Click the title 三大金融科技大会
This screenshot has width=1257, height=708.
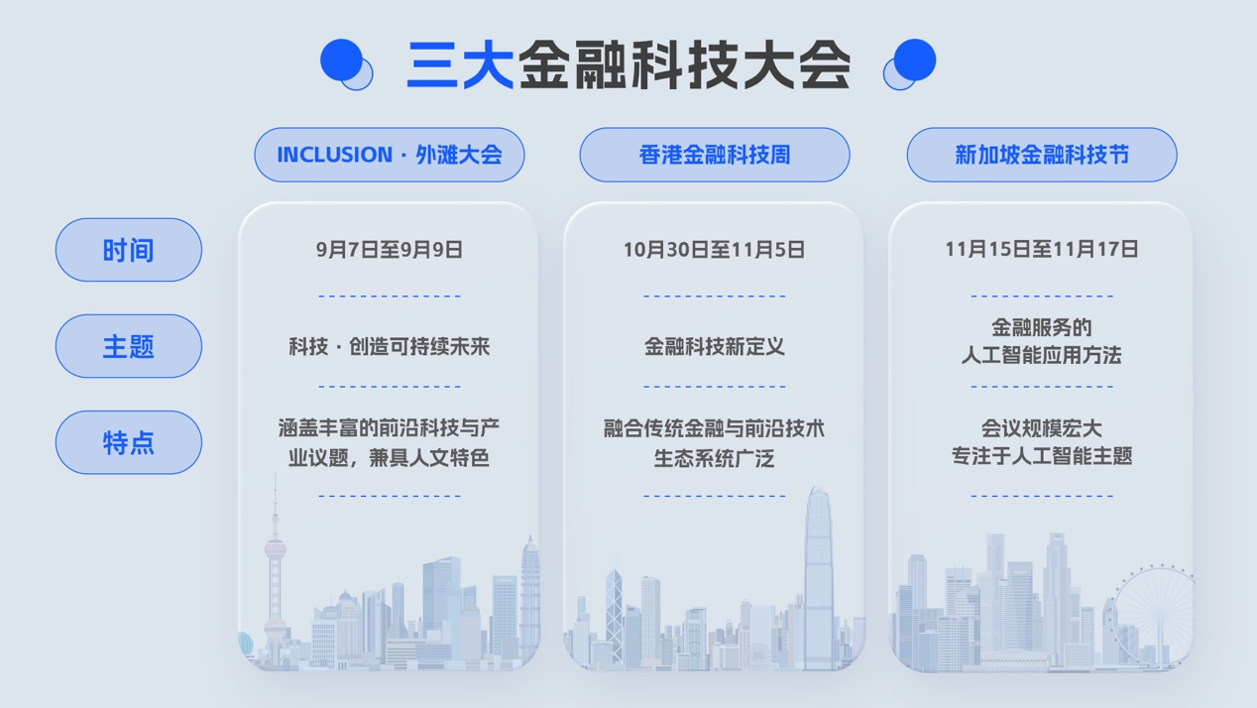[x=628, y=65]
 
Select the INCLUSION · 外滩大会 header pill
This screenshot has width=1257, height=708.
[x=390, y=155]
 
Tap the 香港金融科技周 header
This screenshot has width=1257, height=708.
[x=715, y=155]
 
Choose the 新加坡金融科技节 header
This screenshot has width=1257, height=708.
[x=1042, y=155]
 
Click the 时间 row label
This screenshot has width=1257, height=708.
[x=129, y=250]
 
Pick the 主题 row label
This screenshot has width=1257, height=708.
[x=129, y=346]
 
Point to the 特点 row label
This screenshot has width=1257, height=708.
[x=129, y=442]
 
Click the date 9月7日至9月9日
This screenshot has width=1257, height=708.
[x=390, y=250]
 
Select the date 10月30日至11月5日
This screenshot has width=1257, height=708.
[x=714, y=250]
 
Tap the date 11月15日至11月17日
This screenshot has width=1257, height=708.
[x=1041, y=249]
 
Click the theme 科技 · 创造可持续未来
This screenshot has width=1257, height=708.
[x=390, y=347]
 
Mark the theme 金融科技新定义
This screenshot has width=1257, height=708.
[x=714, y=347]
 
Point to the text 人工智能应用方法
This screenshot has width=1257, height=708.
[x=1041, y=355]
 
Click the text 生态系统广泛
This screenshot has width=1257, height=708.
[x=714, y=458]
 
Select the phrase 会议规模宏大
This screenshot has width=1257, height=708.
[x=1041, y=428]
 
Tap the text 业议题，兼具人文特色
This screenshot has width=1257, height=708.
[x=390, y=458]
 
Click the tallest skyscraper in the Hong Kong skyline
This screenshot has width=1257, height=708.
[x=817, y=575]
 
